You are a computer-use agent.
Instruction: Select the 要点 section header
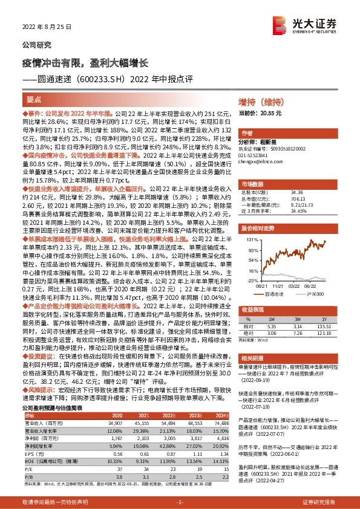[34, 100]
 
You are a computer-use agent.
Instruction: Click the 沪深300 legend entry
[315, 294]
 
